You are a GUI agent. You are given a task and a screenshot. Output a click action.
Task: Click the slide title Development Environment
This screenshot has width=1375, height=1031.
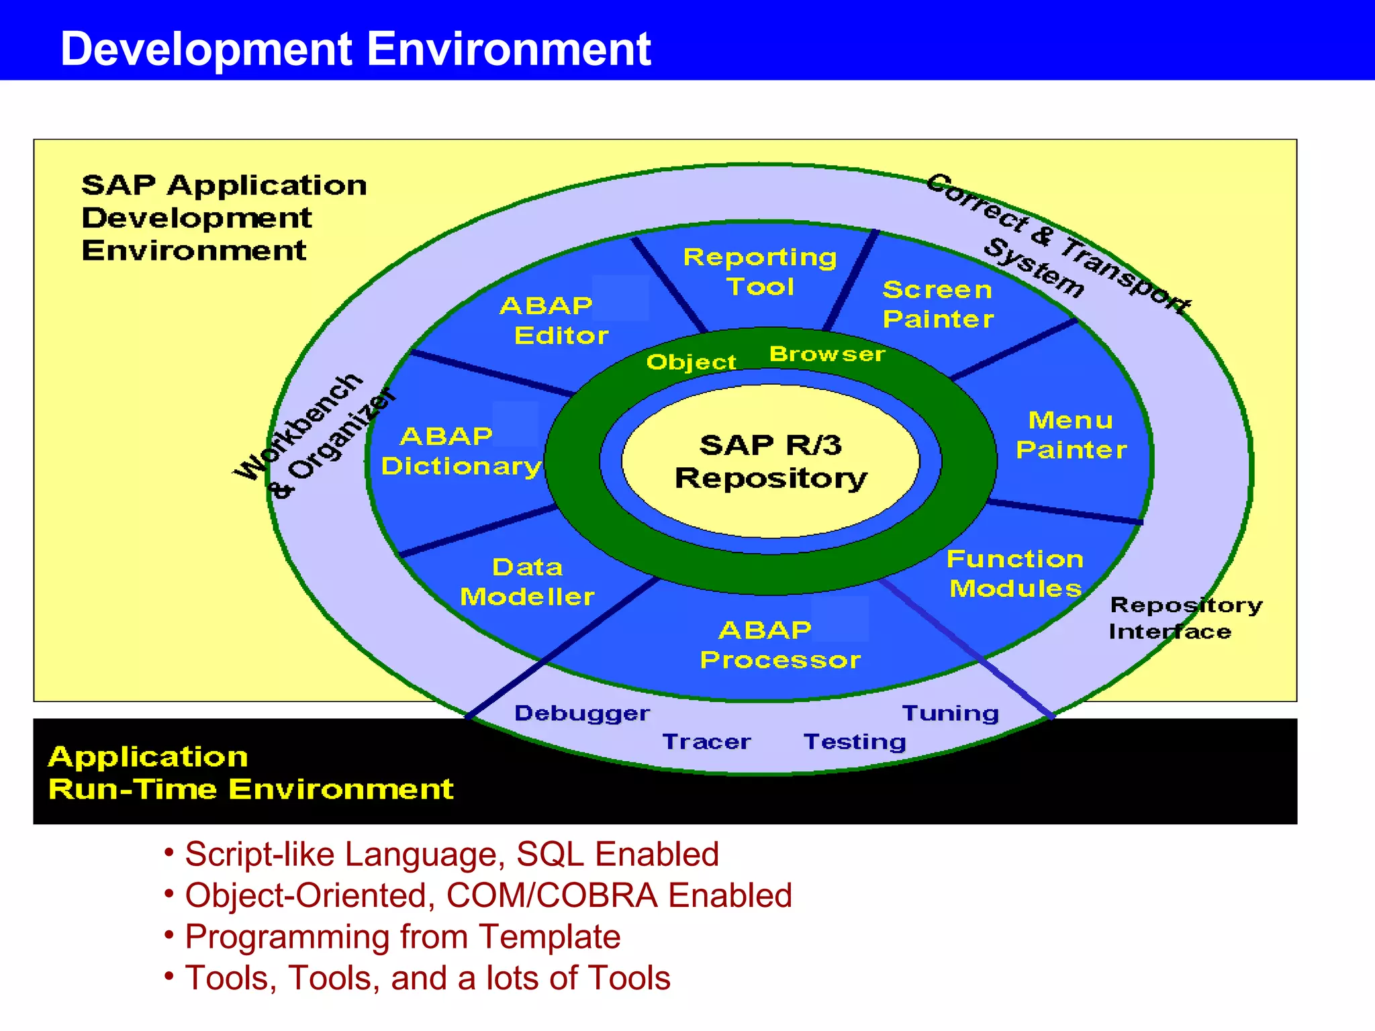355,49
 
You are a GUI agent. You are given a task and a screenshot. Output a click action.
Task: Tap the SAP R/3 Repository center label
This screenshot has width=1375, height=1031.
771,462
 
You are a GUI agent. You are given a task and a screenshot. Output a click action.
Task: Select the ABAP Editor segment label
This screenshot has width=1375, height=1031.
555,320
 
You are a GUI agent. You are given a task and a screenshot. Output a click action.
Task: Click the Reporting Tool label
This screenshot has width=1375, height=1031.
760,272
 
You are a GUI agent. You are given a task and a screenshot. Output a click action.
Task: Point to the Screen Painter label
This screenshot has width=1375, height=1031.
938,304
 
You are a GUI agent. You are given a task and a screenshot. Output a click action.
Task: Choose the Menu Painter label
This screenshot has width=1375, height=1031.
1071,435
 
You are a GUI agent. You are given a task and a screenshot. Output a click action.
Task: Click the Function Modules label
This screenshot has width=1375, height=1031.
1015,573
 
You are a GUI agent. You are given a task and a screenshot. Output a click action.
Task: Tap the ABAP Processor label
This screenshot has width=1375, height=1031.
779,645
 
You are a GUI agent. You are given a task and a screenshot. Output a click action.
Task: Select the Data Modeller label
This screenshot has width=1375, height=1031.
527,582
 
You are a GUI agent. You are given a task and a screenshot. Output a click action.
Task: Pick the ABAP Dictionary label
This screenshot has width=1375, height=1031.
461,451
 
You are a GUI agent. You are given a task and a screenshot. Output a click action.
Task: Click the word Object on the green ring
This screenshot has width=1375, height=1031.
691,362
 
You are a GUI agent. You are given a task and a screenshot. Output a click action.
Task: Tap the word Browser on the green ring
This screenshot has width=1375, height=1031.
827,354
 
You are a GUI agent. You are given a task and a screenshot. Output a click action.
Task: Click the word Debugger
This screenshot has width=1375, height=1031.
582,713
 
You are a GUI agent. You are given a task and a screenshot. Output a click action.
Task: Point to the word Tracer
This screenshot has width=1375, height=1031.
706,742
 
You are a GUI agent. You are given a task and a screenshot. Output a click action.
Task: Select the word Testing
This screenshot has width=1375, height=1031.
855,742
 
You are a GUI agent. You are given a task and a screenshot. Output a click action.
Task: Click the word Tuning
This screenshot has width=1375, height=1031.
950,713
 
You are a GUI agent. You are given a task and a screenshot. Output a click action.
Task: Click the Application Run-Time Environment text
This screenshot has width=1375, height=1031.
250,773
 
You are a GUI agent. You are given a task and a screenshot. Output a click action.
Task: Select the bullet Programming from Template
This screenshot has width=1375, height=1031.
402,936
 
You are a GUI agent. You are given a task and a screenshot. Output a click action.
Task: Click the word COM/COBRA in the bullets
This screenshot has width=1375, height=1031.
551,895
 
